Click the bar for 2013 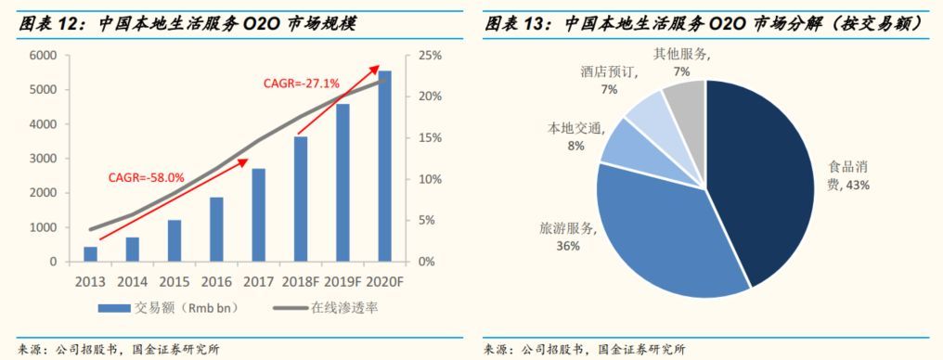click(90, 254)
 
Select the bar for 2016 click(216, 229)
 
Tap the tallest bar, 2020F click(384, 166)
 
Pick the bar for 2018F click(301, 199)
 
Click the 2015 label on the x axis click(174, 281)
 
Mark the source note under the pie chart click(585, 349)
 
